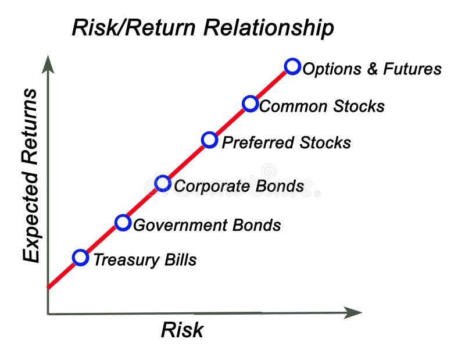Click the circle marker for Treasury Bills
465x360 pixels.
(81, 258)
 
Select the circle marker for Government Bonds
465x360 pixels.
(123, 223)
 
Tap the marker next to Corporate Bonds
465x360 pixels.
(163, 184)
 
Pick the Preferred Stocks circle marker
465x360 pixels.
(210, 140)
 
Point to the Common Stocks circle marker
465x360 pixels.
(250, 104)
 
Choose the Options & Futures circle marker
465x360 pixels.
(293, 66)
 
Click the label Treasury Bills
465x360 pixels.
(145, 259)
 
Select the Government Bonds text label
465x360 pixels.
(207, 225)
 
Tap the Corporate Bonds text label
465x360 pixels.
(239, 186)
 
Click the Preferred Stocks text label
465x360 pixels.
(287, 142)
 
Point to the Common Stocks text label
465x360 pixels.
(321, 106)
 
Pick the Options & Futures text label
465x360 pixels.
(372, 69)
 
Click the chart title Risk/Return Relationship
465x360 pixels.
(203, 27)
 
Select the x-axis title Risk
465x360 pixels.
(182, 330)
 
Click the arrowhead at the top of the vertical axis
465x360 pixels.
(48, 63)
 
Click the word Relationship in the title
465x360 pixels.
(274, 27)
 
